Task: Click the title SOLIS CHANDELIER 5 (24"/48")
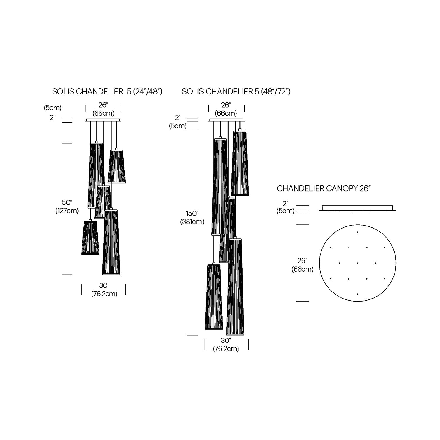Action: tap(107, 92)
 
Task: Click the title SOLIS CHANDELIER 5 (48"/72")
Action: tap(236, 92)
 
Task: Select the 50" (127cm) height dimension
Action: tap(67, 207)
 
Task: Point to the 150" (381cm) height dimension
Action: tap(192, 218)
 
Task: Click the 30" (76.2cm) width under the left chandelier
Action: tap(104, 290)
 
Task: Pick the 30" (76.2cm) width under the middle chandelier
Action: tap(226, 345)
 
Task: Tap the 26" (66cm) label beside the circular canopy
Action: tap(302, 265)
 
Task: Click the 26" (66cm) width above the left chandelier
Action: tap(103, 109)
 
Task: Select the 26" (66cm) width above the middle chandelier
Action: tap(226, 109)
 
